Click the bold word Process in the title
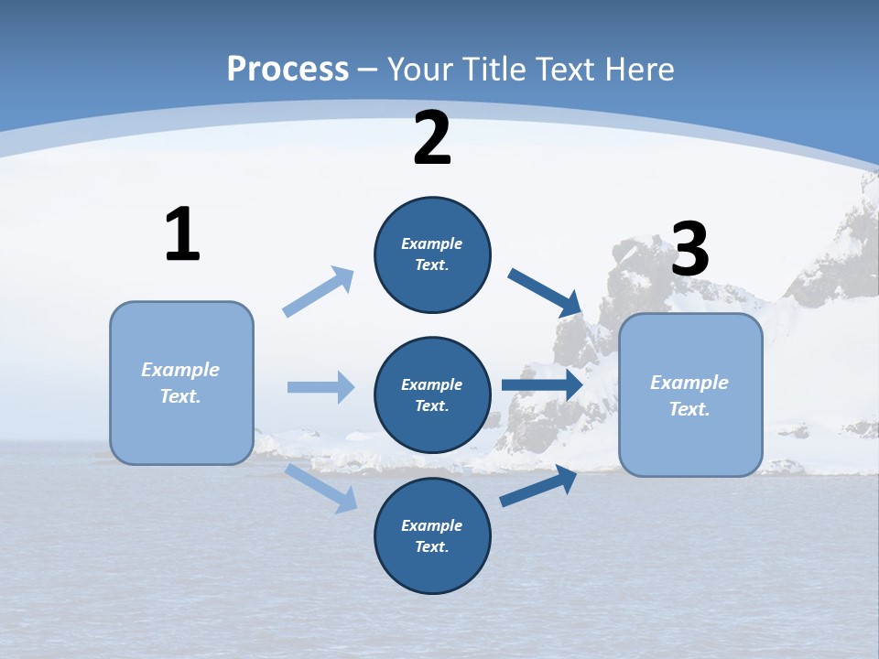click(x=288, y=69)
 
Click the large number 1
click(x=182, y=235)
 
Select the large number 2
click(x=432, y=138)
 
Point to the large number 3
click(x=689, y=250)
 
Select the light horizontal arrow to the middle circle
click(x=320, y=387)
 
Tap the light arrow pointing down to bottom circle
click(x=321, y=488)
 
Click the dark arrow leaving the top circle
click(x=545, y=292)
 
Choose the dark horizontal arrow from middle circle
click(x=542, y=385)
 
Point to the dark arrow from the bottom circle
click(x=539, y=486)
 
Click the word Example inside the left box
click(x=180, y=370)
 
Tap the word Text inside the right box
click(x=689, y=409)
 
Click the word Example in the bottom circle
click(x=432, y=525)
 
